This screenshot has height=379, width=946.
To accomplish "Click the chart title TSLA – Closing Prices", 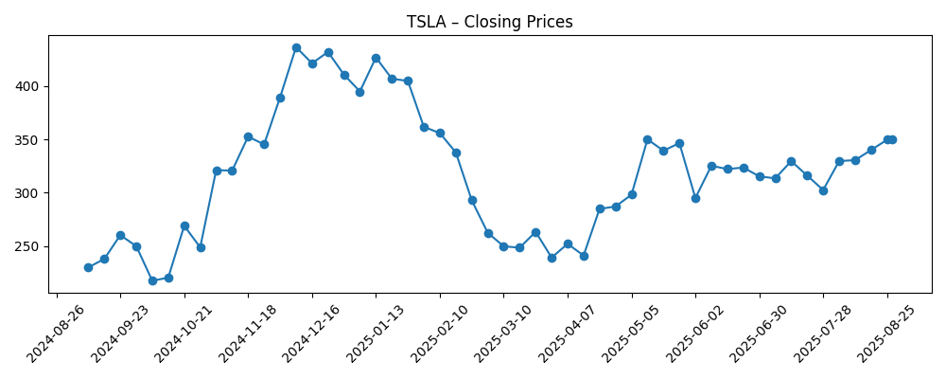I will [x=489, y=22].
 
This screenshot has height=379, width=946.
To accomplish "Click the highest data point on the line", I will [x=296, y=47].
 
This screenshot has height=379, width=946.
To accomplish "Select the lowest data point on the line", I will [x=152, y=280].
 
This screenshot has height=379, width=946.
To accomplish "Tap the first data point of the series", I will [x=88, y=267].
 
